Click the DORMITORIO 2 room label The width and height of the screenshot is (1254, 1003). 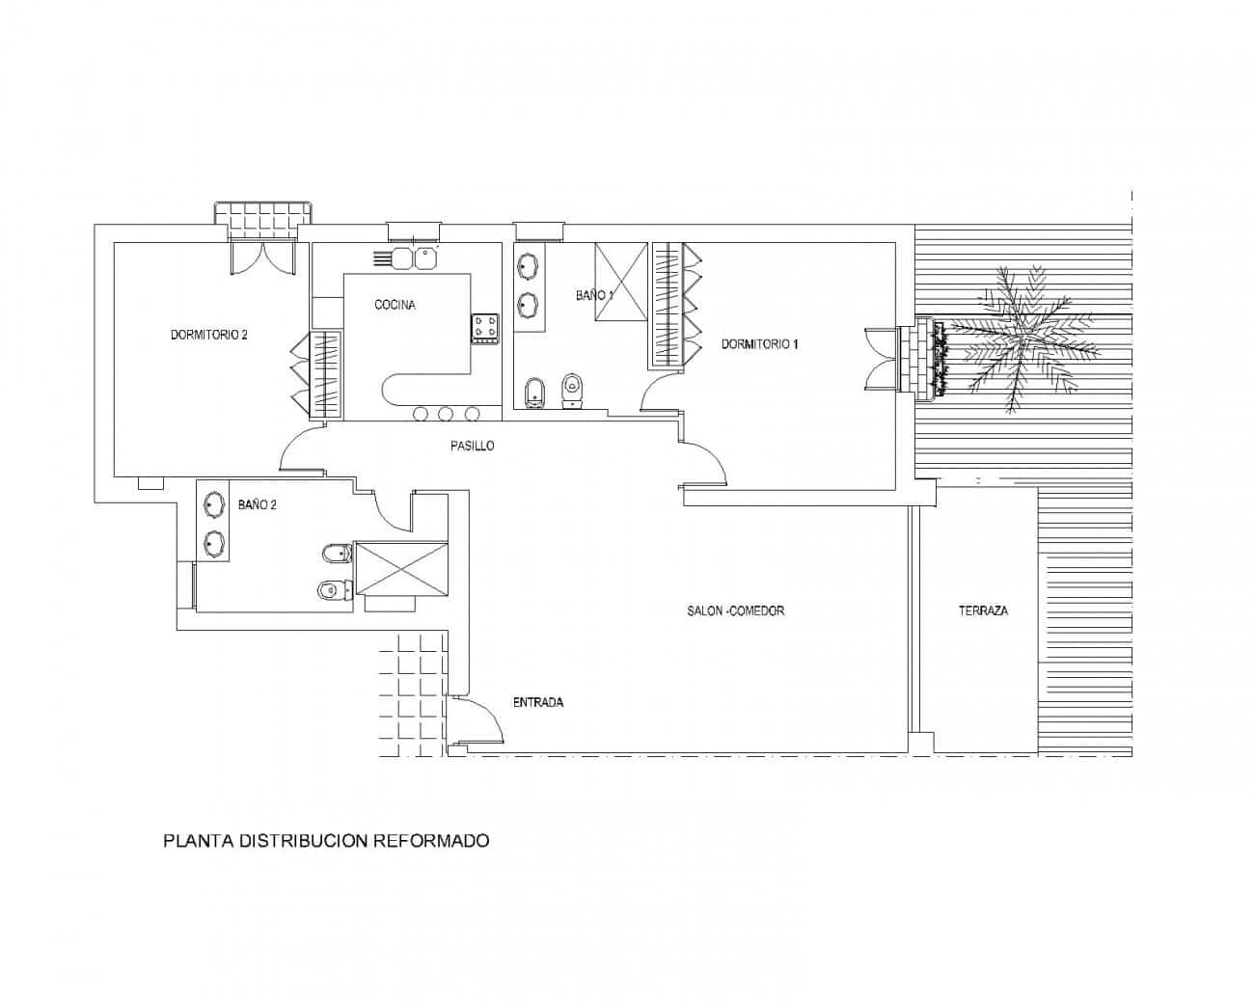pyautogui.click(x=208, y=335)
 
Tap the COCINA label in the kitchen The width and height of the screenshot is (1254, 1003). pyautogui.click(x=395, y=305)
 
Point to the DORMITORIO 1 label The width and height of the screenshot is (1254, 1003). pyautogui.click(x=759, y=344)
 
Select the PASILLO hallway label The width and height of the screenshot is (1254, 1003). pyautogui.click(x=472, y=446)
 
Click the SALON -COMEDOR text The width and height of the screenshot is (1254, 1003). pyautogui.click(x=735, y=610)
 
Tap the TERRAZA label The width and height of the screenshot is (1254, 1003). pyautogui.click(x=983, y=610)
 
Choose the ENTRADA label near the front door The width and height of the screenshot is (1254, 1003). pyautogui.click(x=538, y=702)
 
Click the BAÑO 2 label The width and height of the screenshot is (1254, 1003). pyautogui.click(x=257, y=504)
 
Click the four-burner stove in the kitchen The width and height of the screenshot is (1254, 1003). pyautogui.click(x=485, y=329)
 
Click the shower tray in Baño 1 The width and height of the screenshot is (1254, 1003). pyautogui.click(x=620, y=282)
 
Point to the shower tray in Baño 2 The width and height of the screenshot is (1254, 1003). pyautogui.click(x=401, y=569)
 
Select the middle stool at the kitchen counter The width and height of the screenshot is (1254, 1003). pyautogui.click(x=446, y=414)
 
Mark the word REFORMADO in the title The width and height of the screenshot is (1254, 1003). pyautogui.click(x=430, y=841)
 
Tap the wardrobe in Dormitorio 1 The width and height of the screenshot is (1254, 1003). pyautogui.click(x=676, y=305)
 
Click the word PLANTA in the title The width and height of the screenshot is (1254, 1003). pyautogui.click(x=199, y=841)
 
